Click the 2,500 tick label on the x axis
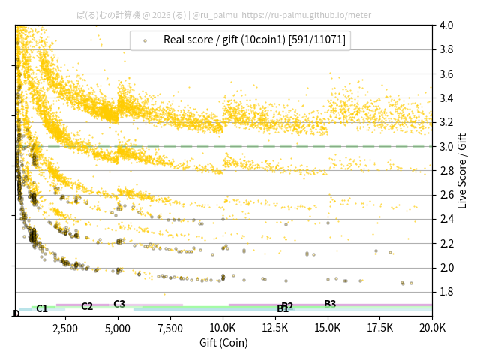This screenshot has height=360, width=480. point(65,328)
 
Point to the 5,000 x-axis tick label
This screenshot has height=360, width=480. point(118,328)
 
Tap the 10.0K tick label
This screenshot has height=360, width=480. point(223,328)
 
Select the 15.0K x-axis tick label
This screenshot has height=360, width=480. point(328,328)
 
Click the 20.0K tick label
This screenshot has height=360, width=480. point(433,328)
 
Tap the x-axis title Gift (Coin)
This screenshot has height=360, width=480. point(223,343)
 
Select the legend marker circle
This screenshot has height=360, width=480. point(145,40)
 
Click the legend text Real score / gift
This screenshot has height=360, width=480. point(254,40)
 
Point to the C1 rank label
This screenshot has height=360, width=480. point(42,308)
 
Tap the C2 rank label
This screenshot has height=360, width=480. point(87,306)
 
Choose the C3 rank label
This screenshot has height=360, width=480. point(119,304)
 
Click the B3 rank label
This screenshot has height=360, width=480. point(330,304)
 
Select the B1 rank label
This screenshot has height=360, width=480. point(282,309)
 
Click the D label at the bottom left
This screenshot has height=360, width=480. point(16,313)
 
